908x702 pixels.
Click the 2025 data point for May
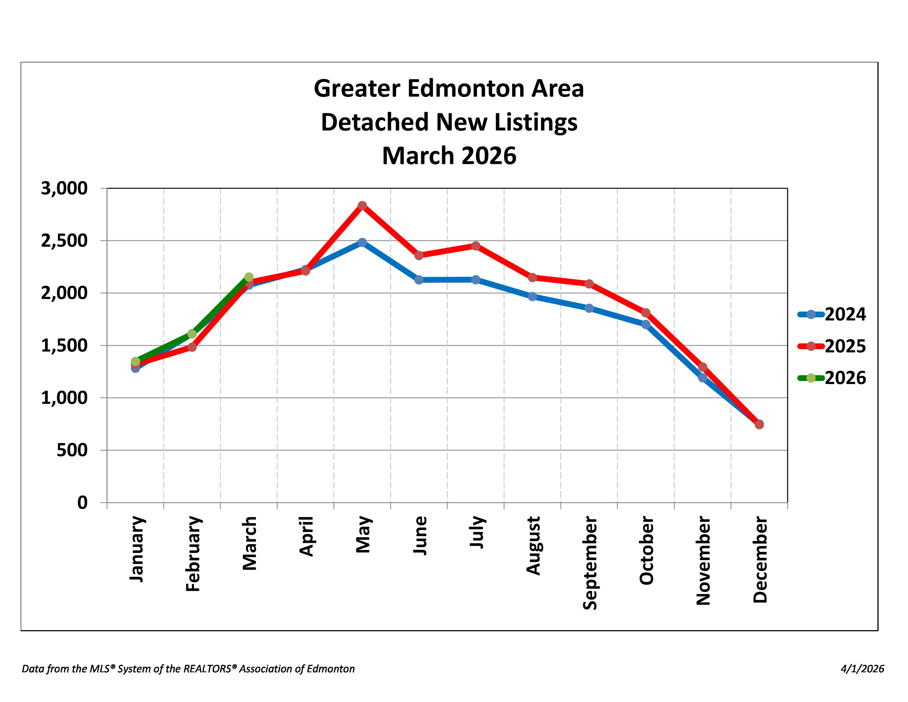click(x=362, y=205)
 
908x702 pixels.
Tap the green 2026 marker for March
click(x=249, y=277)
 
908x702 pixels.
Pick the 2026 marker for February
click(x=192, y=334)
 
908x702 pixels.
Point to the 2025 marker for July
click(x=476, y=246)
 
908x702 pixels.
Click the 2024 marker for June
click(x=419, y=280)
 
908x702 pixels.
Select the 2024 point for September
click(x=589, y=308)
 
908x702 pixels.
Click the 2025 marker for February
click(x=192, y=347)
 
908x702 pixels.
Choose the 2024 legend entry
click(x=832, y=314)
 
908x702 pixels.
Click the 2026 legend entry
click(x=832, y=378)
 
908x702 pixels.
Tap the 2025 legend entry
click(x=832, y=346)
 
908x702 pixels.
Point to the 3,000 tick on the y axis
click(x=64, y=188)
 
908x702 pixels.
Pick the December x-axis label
click(x=760, y=559)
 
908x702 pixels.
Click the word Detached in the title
click(x=374, y=122)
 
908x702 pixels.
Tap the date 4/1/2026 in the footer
click(x=862, y=669)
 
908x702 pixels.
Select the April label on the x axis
click(x=307, y=536)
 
